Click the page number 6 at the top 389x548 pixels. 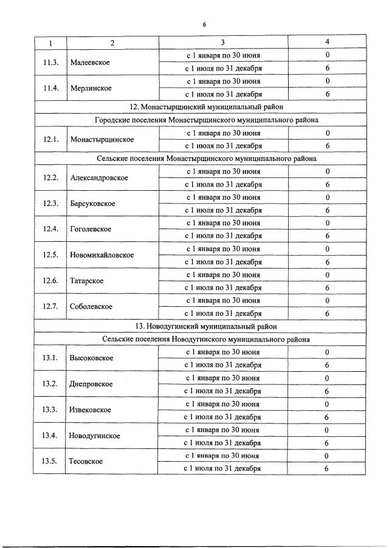pos(204,24)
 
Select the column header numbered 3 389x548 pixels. pos(223,43)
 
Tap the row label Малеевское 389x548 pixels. pos(90,63)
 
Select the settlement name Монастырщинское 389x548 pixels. pos(102,139)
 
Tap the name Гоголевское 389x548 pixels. pos(91,229)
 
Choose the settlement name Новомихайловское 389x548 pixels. pos(102,255)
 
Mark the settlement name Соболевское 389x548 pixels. pos(92,306)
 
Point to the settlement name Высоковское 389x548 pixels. pos(92,358)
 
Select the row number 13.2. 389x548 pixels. pos(50,384)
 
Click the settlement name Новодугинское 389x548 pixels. pos(94,436)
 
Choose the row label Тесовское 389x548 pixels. pos(86,461)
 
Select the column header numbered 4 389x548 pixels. pos(328,43)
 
